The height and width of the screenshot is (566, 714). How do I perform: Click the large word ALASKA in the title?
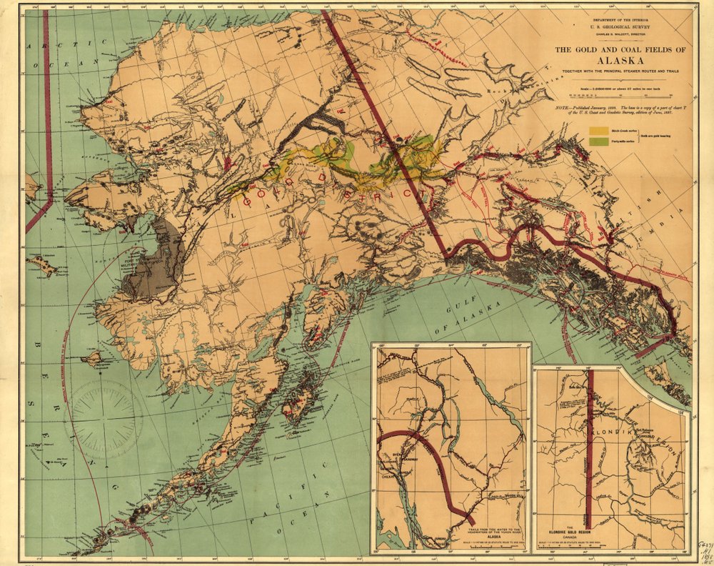(x=611, y=61)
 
